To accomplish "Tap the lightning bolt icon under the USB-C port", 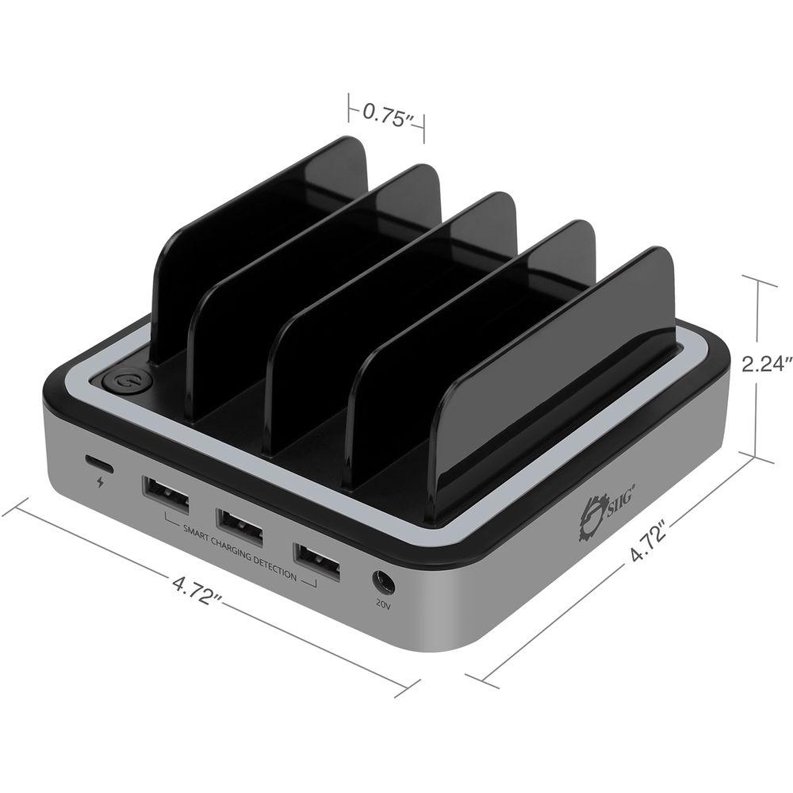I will tap(99, 482).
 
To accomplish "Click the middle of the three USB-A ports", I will tap(240, 523).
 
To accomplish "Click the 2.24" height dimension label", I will tap(766, 364).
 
